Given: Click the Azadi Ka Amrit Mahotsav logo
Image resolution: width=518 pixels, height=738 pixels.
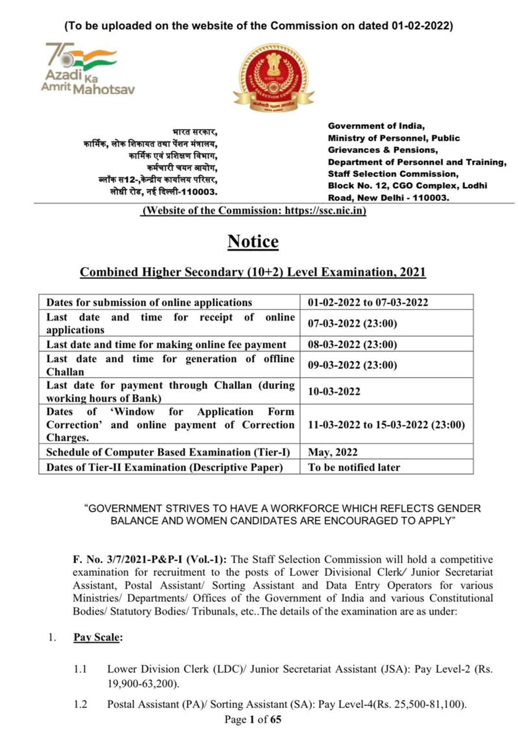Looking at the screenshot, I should [87, 69].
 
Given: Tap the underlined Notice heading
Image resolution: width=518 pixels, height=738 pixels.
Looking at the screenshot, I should [253, 241].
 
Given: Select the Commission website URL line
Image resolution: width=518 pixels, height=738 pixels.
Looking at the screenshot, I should [253, 211].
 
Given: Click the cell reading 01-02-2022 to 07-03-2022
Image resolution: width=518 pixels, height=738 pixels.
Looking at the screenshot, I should [367, 302].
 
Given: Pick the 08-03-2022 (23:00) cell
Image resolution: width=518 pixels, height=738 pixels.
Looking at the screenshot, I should [352, 344].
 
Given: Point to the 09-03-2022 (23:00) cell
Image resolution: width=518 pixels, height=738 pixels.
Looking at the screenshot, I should [352, 365].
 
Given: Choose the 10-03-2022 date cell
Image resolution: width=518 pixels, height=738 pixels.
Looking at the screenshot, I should [334, 391].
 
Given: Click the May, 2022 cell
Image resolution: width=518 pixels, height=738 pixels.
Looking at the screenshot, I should [333, 452].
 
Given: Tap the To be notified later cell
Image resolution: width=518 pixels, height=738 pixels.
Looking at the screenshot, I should [354, 467].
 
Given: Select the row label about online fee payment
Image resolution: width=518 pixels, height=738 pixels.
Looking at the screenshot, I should [166, 344].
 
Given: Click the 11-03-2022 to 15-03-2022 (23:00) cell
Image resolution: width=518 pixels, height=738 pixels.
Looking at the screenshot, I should [386, 424].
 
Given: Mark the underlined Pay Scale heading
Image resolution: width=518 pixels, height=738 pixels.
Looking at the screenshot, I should [98, 637].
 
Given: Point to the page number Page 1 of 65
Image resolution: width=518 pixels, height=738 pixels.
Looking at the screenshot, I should [253, 719].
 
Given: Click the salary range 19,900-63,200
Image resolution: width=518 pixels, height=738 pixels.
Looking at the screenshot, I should [142, 684].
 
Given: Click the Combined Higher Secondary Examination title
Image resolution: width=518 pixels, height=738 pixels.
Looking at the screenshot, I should [253, 272].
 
